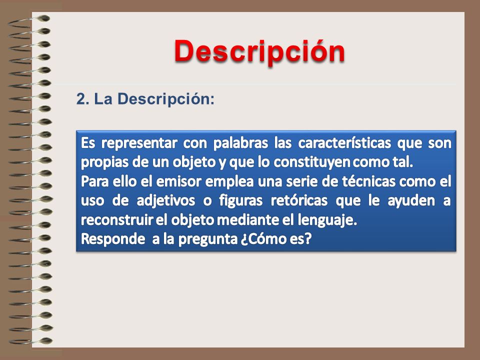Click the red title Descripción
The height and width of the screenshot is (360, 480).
coord(259,51)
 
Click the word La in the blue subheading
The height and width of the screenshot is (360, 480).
coord(103,99)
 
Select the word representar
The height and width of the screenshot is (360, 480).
coord(139,143)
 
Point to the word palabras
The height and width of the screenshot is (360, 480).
coord(240,143)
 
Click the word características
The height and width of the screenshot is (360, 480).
coord(344,143)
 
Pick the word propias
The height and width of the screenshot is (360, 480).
coord(104,162)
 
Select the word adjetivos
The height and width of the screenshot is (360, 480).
coord(165,201)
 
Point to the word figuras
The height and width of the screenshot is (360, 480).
coord(240,201)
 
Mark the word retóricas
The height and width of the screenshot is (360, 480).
coord(299,200)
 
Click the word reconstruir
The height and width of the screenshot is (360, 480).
coord(116,220)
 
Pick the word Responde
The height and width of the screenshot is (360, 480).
coord(113,239)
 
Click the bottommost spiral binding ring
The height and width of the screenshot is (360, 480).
coord(30,341)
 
